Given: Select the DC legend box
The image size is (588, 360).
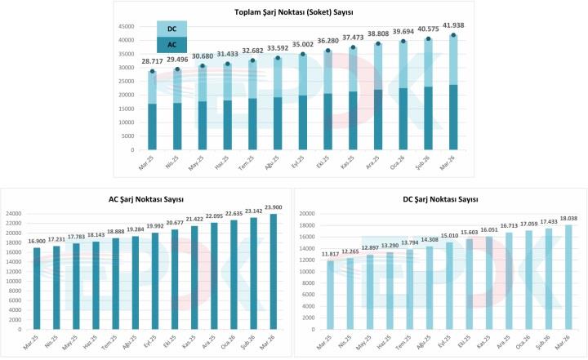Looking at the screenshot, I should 171,29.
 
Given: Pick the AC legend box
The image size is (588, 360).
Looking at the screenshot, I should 171,46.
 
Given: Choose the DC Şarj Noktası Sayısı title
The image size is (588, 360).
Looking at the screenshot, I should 442,198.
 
